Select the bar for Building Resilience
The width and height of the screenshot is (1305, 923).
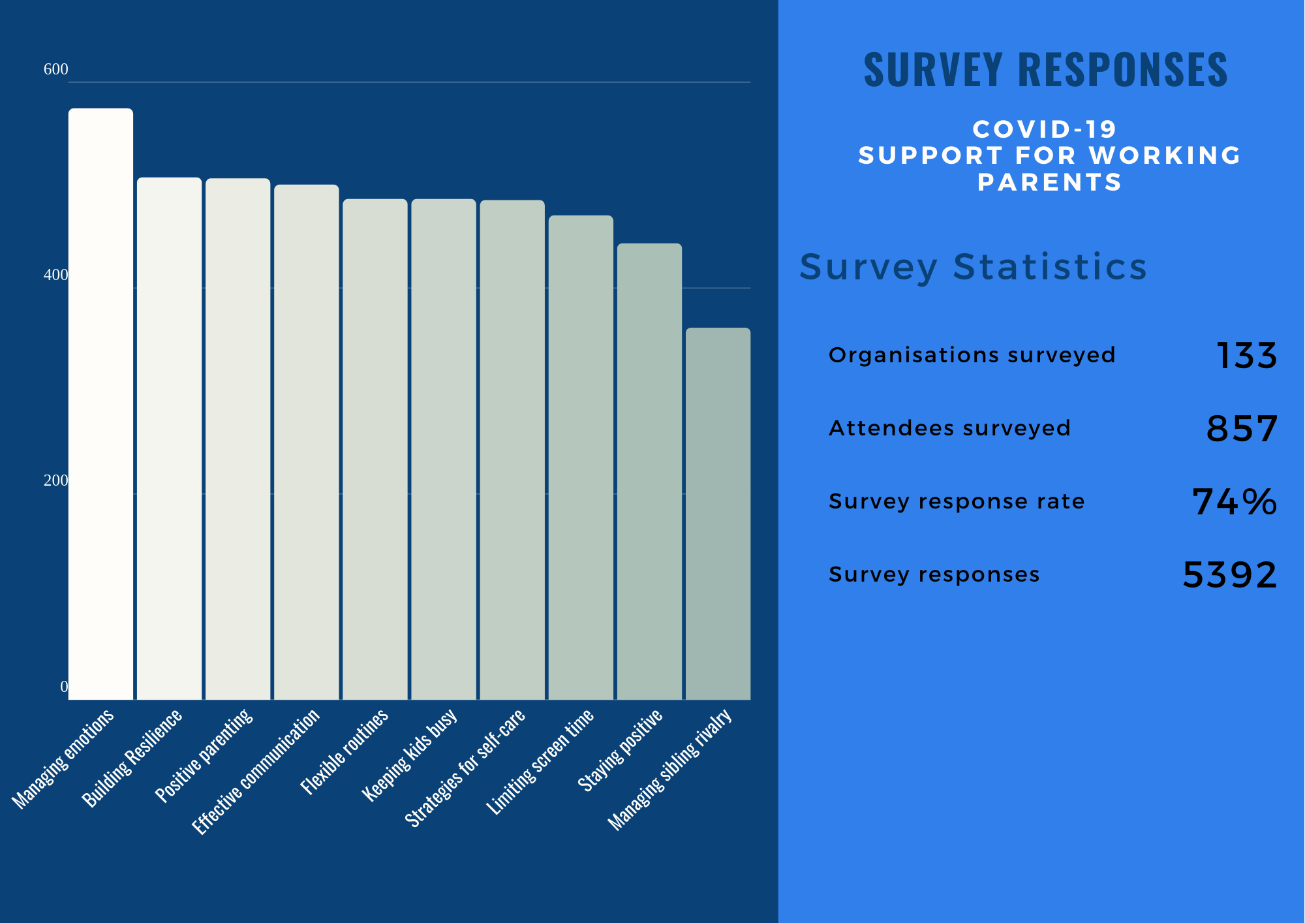point(169,438)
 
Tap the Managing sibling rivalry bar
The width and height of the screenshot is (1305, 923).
point(718,513)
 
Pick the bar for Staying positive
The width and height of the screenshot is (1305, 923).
point(649,471)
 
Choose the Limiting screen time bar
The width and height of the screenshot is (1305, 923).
point(581,457)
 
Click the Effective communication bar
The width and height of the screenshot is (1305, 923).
point(306,442)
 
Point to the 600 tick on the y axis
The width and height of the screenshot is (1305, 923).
point(55,69)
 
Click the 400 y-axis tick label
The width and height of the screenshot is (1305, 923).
point(55,275)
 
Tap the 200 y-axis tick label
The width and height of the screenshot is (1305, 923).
point(55,480)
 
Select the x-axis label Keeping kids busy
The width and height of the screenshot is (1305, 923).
point(410,755)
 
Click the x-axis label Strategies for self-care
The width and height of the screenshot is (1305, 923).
point(465,768)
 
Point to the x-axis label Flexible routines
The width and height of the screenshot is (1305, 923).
point(345,751)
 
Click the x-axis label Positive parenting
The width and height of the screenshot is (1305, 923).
point(204,755)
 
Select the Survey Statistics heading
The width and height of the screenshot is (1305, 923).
point(973,266)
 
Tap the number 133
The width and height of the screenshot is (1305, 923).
point(1246,356)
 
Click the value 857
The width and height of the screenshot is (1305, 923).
point(1241,429)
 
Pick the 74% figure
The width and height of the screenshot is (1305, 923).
point(1234,502)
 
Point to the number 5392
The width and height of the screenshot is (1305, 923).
point(1229,575)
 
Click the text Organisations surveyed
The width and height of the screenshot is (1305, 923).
point(972,355)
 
